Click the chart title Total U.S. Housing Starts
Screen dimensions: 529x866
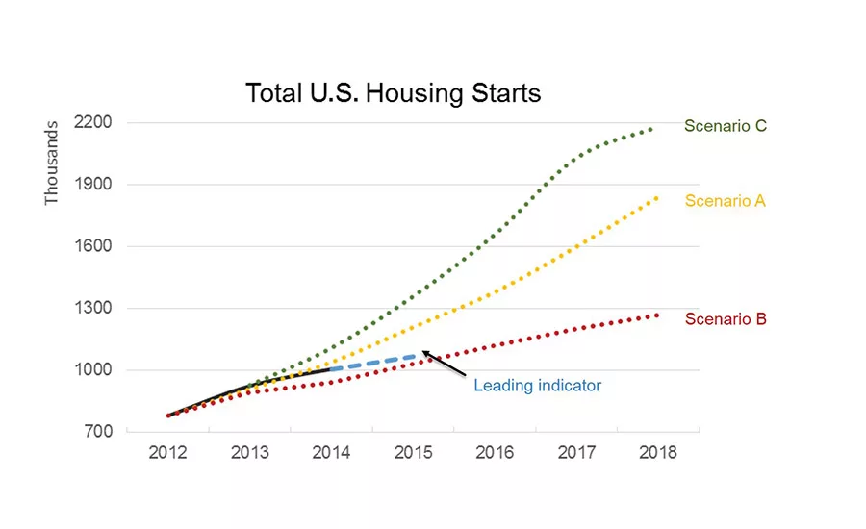tap(393, 93)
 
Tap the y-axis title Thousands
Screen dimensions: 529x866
tap(52, 162)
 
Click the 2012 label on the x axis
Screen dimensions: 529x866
tap(167, 453)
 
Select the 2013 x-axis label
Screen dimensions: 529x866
tap(249, 453)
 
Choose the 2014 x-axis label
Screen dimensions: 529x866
tap(331, 453)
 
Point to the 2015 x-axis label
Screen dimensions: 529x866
tap(412, 453)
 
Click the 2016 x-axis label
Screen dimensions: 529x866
tap(494, 453)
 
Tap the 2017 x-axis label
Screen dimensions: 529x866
tap(575, 453)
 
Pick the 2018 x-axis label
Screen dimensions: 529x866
tap(657, 453)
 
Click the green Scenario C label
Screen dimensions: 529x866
tap(725, 125)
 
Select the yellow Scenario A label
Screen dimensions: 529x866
tap(725, 201)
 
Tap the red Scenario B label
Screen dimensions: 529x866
tap(725, 319)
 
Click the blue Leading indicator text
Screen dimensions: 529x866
tap(537, 386)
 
